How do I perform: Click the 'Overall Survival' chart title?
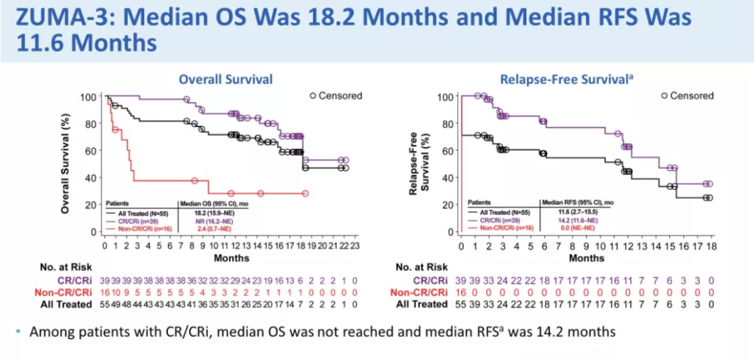coord(225,79)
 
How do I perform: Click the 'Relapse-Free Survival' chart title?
coord(556,79)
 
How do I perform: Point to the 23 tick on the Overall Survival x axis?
coord(356,246)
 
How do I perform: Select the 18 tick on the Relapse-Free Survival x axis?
coord(711,246)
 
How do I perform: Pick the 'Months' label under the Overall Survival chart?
coord(232,258)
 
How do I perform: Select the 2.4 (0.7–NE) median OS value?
coord(205,228)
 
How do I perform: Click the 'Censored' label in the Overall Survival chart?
coord(340,96)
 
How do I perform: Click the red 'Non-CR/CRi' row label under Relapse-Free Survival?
coord(420,292)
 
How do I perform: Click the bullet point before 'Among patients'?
coord(17,331)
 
